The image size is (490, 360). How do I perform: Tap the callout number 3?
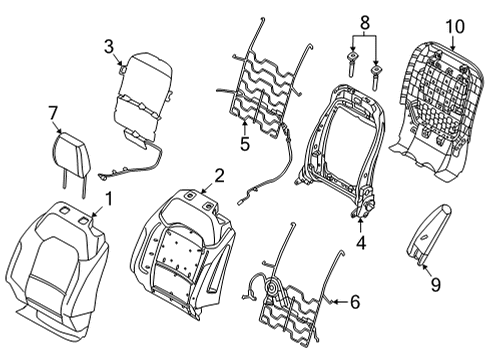point(108,44)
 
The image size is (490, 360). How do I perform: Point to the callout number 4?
point(360,241)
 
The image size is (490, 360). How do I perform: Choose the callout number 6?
point(355,298)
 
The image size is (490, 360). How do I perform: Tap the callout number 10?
point(455,24)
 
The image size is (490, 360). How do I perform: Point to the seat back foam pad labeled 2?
point(190,250)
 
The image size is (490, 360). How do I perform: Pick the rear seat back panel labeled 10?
point(440,100)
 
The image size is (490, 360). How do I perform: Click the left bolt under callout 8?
point(352,63)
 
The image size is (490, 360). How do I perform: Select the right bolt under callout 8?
point(376,73)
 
